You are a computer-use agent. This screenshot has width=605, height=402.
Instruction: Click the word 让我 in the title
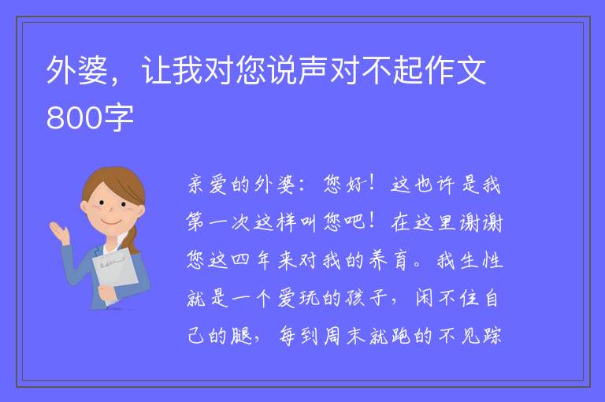pyautogui.click(x=172, y=70)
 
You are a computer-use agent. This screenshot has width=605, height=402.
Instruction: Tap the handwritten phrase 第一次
pyautogui.click(x=218, y=222)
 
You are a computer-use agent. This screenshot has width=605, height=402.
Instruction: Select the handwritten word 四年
pyautogui.click(x=251, y=260)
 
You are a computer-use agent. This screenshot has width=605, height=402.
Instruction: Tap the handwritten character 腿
pyautogui.click(x=241, y=336)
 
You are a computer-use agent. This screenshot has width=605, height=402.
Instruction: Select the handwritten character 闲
pyautogui.click(x=424, y=298)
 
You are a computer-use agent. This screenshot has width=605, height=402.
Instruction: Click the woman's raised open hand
pyautogui.click(x=59, y=232)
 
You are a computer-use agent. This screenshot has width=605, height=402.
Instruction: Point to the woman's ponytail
pyautogui.click(x=133, y=240)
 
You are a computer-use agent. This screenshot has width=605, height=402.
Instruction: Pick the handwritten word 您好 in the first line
pyautogui.click(x=343, y=184)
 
